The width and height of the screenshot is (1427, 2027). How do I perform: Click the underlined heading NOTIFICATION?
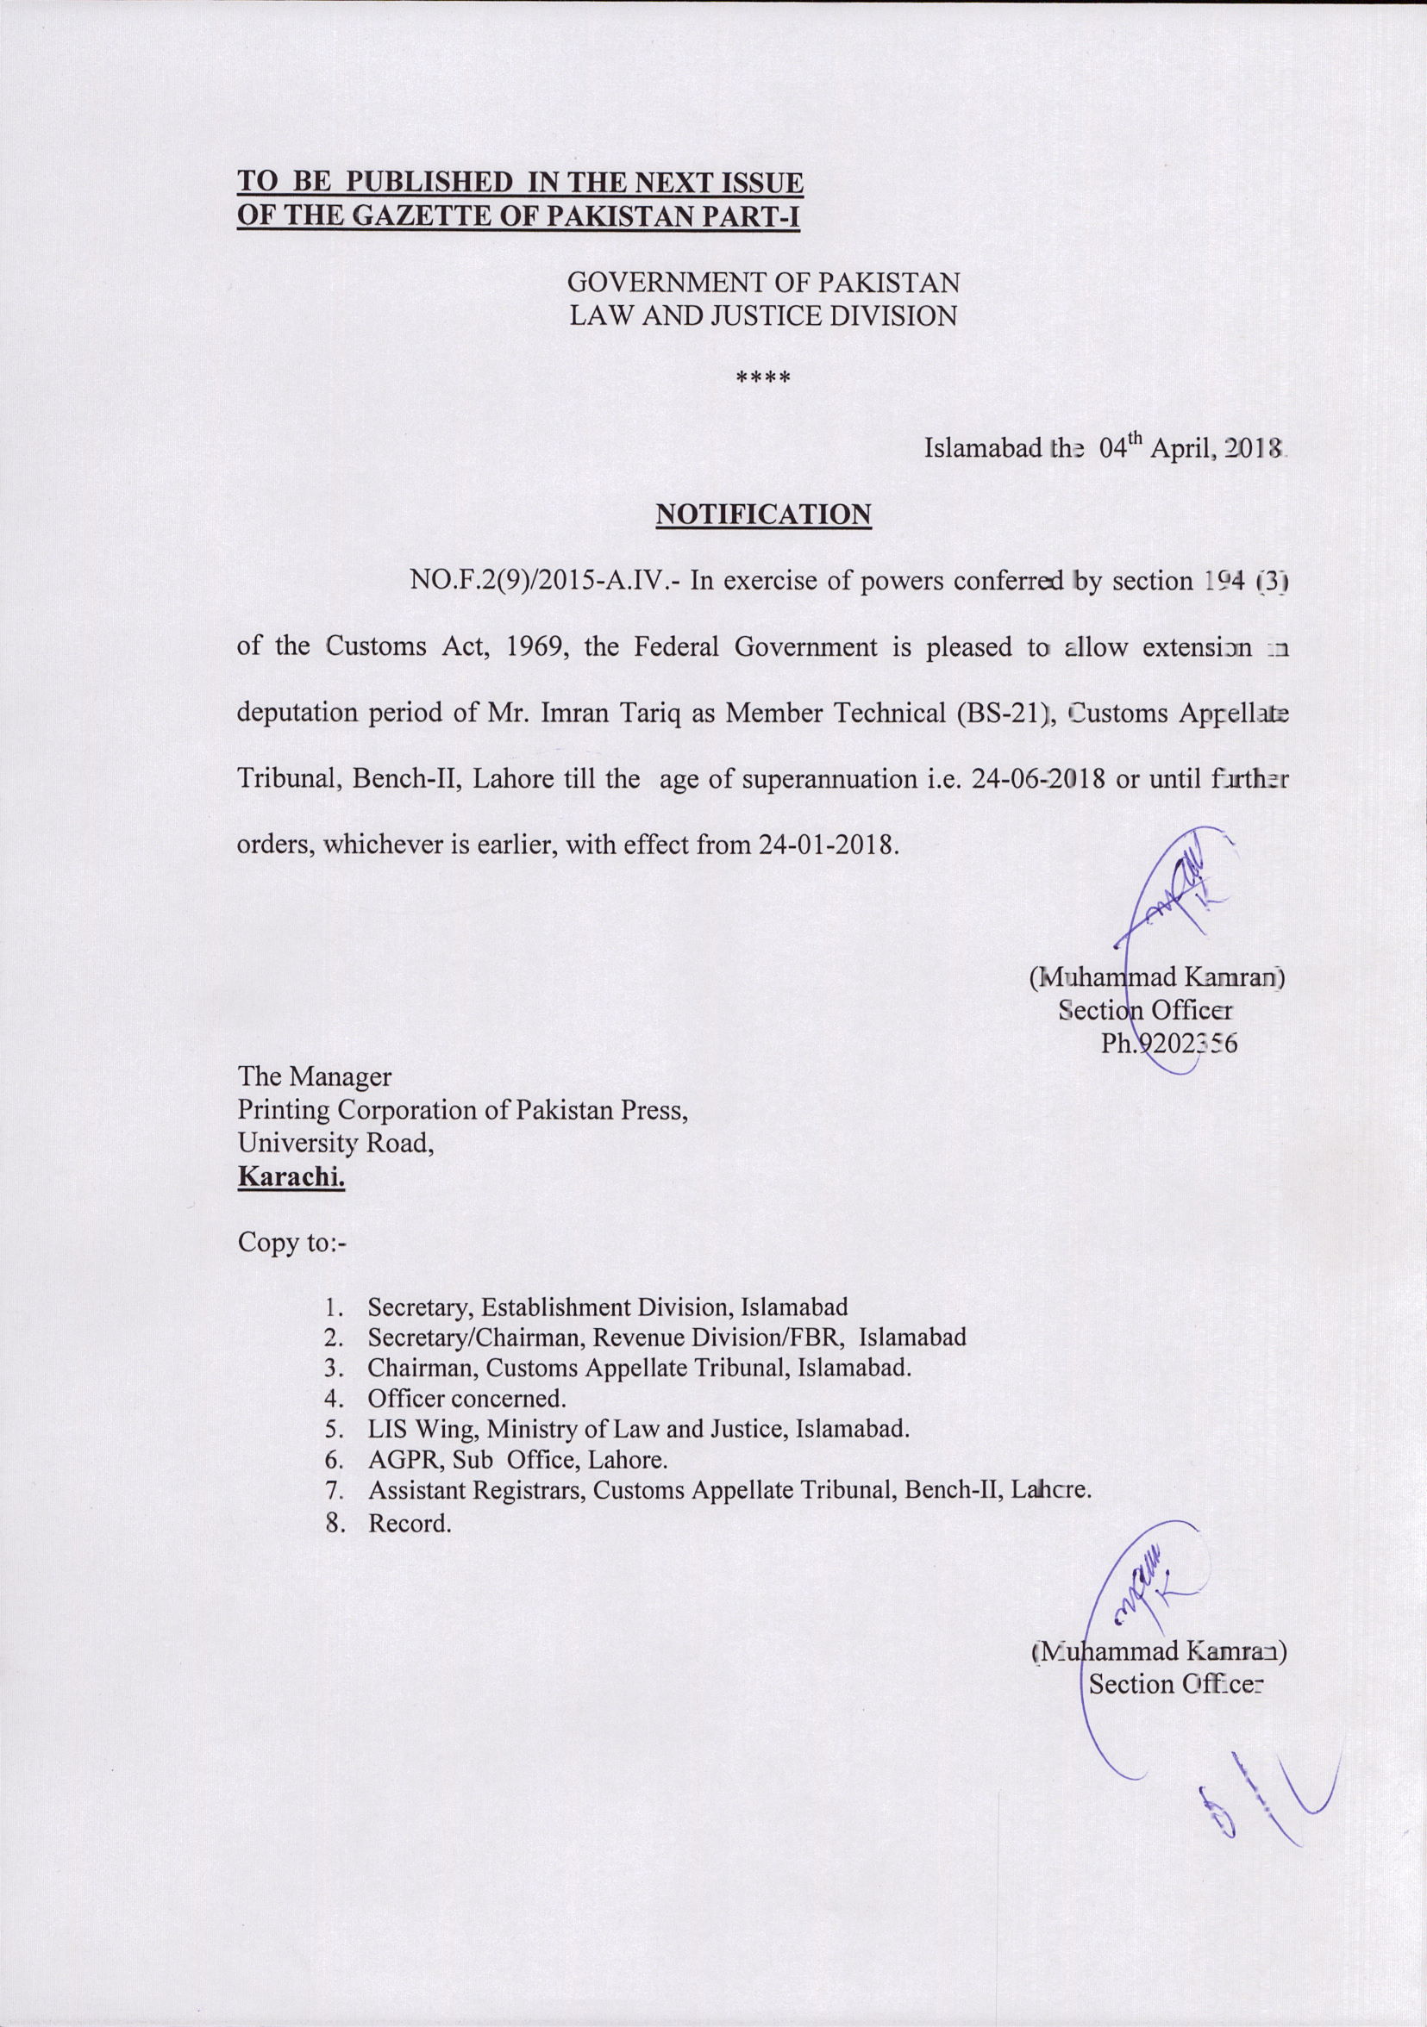763,515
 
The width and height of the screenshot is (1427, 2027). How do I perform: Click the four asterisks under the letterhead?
763,378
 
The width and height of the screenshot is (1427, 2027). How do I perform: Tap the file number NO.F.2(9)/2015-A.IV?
545,581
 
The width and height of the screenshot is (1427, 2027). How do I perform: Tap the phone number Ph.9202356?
1168,1045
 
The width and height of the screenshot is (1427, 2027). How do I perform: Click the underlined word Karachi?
291,1177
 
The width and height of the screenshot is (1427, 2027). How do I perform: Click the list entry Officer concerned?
466,1399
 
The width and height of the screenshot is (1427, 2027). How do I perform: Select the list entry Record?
410,1523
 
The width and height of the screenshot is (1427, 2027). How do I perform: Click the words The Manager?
315,1077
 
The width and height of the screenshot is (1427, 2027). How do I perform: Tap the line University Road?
335,1144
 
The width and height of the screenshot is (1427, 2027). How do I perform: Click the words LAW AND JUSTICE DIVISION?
763,316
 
